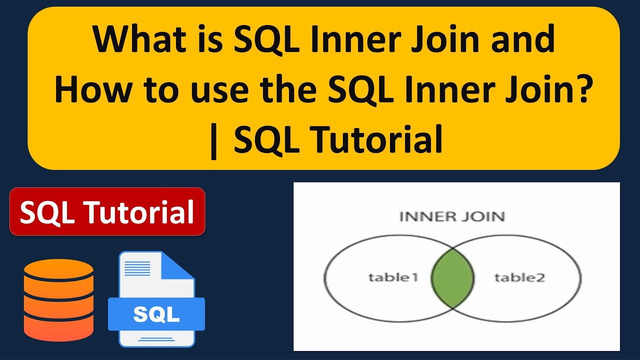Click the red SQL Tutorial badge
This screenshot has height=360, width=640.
(107, 211)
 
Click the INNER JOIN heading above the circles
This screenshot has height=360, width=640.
(451, 216)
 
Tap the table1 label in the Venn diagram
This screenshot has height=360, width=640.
(393, 277)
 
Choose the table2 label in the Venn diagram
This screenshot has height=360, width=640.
(519, 277)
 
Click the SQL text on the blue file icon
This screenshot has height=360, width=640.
(156, 314)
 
